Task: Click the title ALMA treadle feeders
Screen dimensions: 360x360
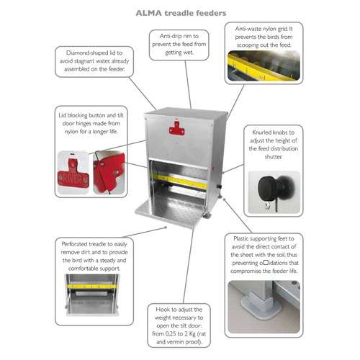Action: click(x=181, y=13)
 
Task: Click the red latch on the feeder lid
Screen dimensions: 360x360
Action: click(x=177, y=128)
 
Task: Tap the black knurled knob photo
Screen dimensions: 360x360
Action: click(x=274, y=192)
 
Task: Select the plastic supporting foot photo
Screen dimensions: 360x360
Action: click(x=264, y=307)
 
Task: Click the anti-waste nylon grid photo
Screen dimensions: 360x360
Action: click(x=264, y=66)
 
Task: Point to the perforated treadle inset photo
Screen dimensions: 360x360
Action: click(x=92, y=294)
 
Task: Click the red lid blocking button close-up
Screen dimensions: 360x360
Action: click(x=73, y=172)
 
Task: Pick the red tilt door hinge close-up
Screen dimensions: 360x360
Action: click(x=109, y=172)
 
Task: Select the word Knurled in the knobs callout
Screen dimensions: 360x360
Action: click(x=261, y=132)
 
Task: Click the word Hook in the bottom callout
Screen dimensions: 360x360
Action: click(x=162, y=310)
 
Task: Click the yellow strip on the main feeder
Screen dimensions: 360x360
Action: click(x=179, y=181)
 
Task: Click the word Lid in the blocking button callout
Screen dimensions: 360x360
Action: click(x=62, y=115)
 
